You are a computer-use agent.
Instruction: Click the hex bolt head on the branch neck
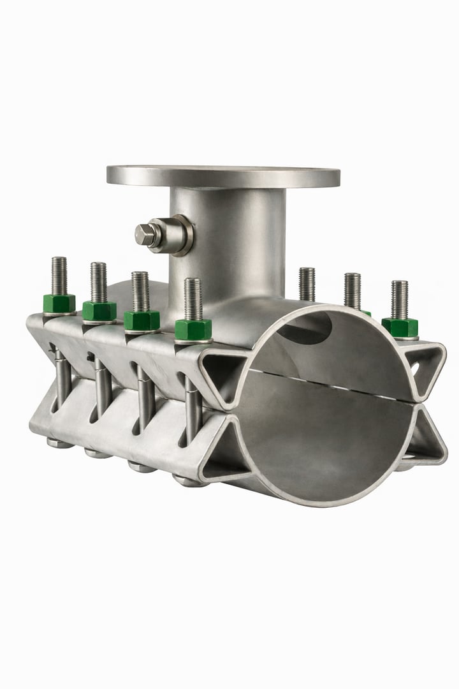click(x=147, y=234)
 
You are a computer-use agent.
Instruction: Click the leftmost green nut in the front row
click(x=59, y=304)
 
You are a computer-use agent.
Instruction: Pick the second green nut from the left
click(x=99, y=311)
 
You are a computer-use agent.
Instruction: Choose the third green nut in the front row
click(x=142, y=320)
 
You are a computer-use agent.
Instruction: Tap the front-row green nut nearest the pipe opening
click(x=193, y=329)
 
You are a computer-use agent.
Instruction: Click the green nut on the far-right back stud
click(x=400, y=327)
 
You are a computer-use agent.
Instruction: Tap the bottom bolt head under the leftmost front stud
click(x=59, y=442)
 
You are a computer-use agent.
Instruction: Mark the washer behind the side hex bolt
click(x=178, y=235)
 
